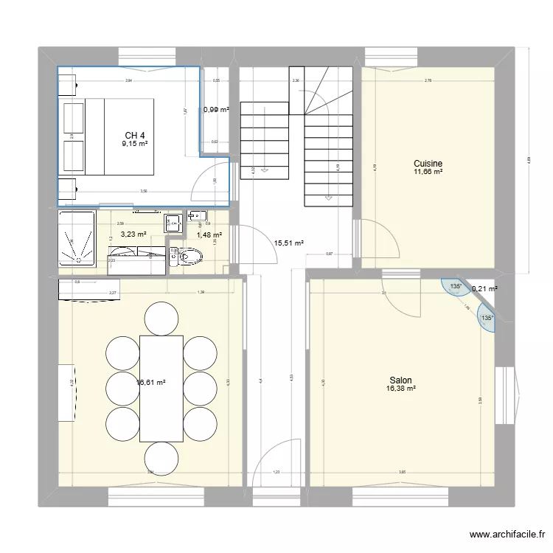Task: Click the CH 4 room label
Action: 134,135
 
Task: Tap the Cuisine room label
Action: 428,163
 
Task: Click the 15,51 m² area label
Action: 289,242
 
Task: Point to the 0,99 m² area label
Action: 216,110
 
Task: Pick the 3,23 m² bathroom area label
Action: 133,234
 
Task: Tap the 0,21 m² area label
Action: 484,289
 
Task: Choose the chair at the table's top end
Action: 161,318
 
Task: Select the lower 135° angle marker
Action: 487,319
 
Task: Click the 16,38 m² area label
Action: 401,389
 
